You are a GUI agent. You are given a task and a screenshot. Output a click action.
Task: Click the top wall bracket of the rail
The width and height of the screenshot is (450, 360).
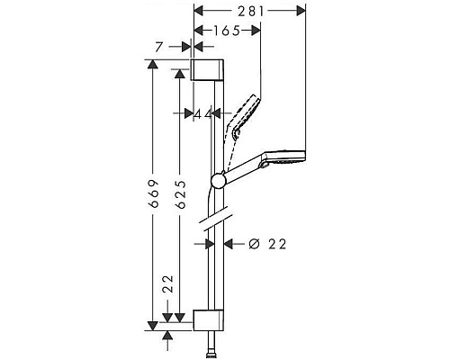point(207,71)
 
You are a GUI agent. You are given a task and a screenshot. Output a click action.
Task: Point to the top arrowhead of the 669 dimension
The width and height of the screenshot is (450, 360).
point(154,65)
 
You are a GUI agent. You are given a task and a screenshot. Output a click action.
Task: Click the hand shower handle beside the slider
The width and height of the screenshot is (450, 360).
point(242,170)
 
